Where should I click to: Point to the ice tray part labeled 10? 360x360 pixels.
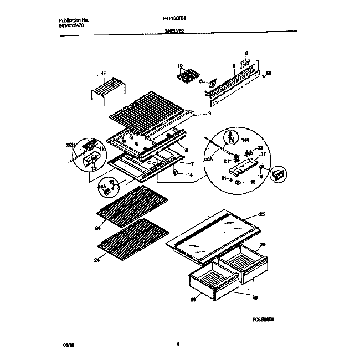tap(190, 75)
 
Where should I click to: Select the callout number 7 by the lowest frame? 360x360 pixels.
tap(192, 164)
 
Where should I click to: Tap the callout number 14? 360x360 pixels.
tap(191, 176)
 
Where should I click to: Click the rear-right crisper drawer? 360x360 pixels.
tap(241, 260)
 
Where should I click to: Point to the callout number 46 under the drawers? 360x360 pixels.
tap(255, 297)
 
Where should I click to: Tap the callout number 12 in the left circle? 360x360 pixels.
tap(101, 148)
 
